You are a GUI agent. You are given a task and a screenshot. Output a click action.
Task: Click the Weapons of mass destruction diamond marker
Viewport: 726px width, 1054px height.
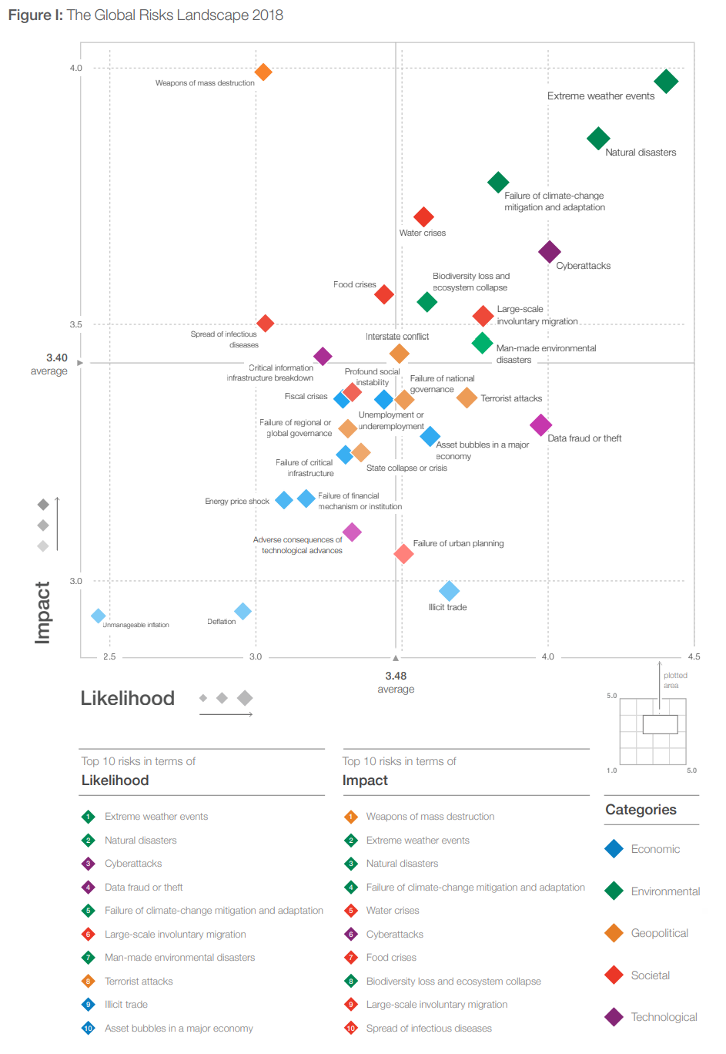point(263,72)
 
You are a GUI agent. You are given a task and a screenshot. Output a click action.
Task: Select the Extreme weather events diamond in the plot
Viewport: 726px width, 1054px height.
point(666,81)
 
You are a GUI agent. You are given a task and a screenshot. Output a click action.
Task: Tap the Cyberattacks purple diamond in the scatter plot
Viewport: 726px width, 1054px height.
point(549,251)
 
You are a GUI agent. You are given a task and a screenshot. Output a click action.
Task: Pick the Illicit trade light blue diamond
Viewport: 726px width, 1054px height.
point(449,591)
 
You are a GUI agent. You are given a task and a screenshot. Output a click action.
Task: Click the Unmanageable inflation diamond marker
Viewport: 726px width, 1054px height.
point(99,616)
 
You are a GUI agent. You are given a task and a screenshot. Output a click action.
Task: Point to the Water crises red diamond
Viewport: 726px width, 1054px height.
point(423,217)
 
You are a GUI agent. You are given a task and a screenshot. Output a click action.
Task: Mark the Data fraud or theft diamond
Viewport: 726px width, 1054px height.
point(541,425)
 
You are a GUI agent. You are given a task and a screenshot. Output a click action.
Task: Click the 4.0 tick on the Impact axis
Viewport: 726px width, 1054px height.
point(75,68)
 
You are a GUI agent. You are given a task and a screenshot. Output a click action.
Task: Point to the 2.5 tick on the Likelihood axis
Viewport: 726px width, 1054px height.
point(109,656)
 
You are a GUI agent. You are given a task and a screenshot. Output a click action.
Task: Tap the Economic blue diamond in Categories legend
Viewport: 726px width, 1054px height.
point(614,849)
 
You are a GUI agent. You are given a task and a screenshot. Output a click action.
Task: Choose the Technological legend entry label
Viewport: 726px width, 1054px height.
point(664,1017)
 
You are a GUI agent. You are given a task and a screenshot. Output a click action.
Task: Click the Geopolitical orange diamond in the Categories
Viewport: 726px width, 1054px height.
point(614,933)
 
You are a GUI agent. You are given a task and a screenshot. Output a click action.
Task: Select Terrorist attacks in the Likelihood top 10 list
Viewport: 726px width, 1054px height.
point(139,981)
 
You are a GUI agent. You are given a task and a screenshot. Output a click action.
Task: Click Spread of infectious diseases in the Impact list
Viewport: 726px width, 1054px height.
point(429,1028)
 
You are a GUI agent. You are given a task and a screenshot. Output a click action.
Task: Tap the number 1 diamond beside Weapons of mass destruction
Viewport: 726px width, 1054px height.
point(351,817)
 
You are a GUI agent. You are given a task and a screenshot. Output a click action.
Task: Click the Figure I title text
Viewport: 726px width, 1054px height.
point(146,15)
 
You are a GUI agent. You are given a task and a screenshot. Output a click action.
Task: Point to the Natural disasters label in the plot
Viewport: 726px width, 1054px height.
point(641,153)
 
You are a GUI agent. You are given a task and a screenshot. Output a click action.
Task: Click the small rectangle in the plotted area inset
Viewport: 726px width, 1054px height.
point(660,724)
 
